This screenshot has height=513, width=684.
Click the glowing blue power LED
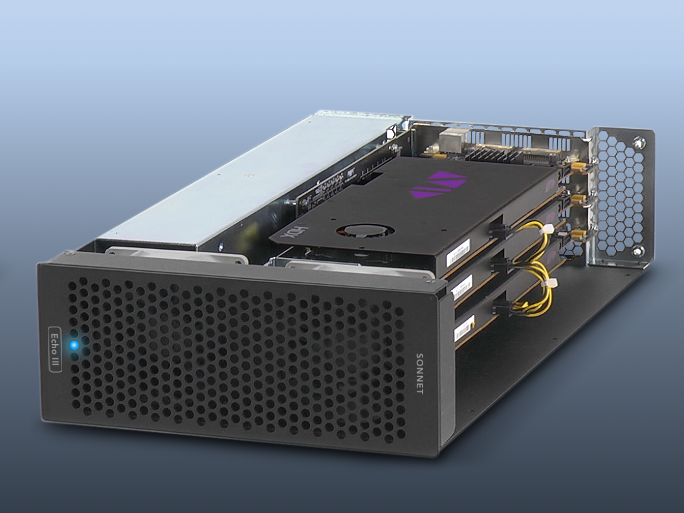74,345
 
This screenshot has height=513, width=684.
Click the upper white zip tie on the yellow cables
547,230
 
